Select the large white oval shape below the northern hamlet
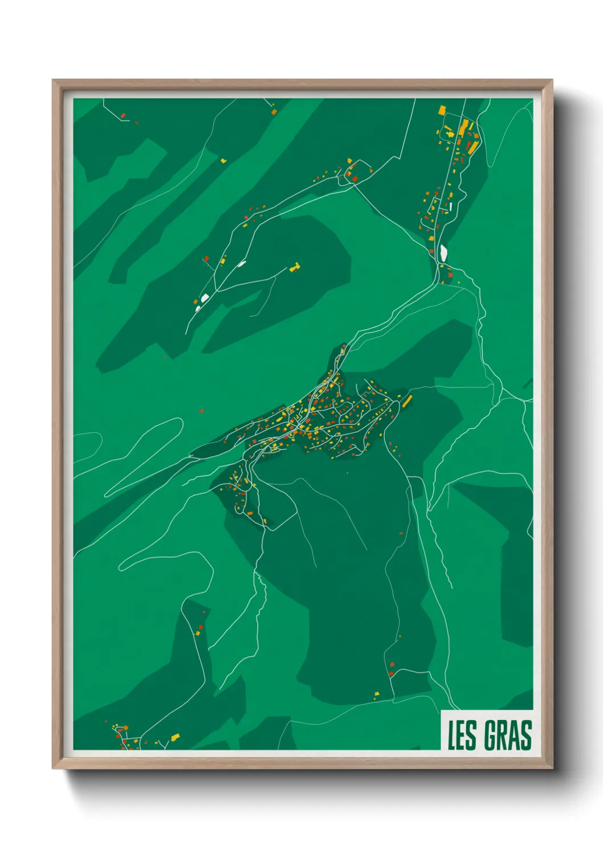(443, 251)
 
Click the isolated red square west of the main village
(201, 410)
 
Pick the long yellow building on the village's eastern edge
(407, 400)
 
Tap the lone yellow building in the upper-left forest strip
(223, 161)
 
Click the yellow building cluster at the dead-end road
(294, 267)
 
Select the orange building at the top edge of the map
(274, 112)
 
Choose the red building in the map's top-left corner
(123, 116)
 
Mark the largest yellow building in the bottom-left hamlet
(175, 738)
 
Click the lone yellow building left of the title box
(377, 694)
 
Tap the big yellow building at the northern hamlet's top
(442, 109)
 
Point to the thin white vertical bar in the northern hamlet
(451, 206)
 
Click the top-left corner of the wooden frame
(54, 81)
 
